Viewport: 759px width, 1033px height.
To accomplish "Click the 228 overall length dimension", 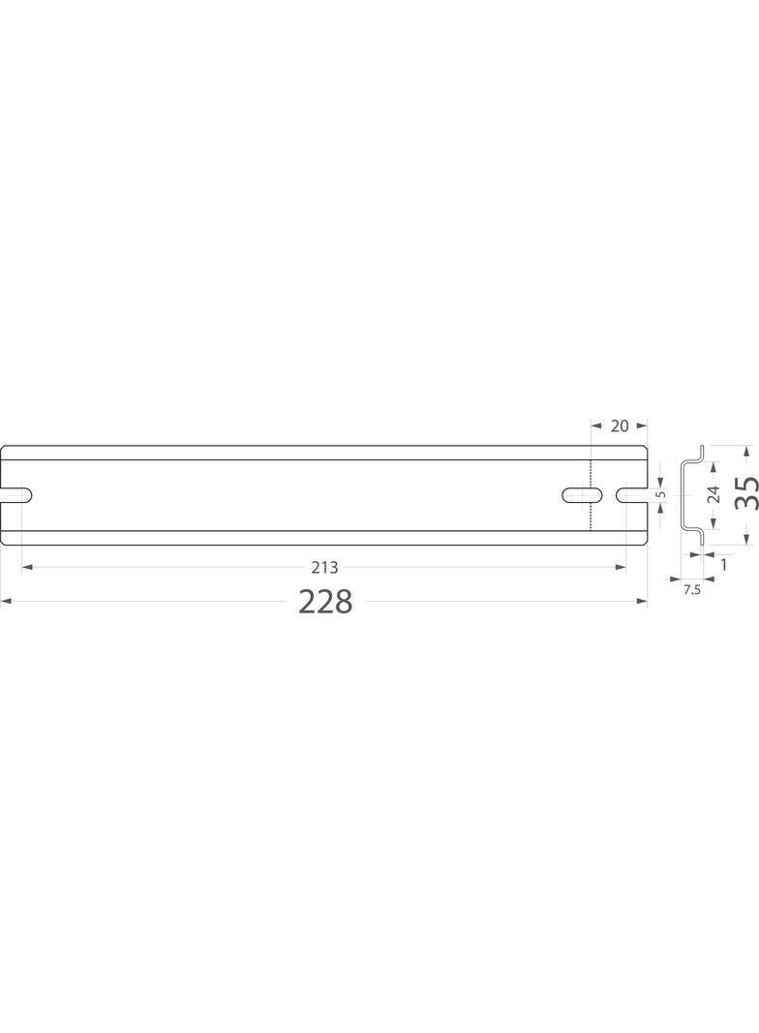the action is [326, 602].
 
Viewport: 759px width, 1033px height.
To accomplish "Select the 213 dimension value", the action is [324, 567].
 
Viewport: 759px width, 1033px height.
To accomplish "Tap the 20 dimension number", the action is [620, 426].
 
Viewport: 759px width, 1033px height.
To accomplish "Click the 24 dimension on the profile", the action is [713, 494].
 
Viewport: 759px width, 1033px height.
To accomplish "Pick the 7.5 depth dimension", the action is [692, 590].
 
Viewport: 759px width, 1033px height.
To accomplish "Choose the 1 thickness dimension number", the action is [724, 565].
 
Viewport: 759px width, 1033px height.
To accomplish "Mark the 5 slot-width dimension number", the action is [662, 494].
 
